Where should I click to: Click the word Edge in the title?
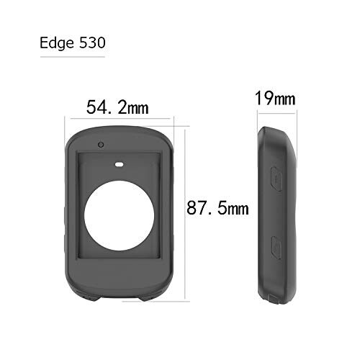57,43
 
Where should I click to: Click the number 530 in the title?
92,42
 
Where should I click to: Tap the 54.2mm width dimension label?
117,107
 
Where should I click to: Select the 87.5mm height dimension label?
217,208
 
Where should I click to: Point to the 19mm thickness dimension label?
275,99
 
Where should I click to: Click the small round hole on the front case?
101,145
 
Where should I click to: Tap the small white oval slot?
120,165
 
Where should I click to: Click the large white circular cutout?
120,215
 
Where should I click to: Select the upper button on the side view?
276,179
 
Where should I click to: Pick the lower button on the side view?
276,248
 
